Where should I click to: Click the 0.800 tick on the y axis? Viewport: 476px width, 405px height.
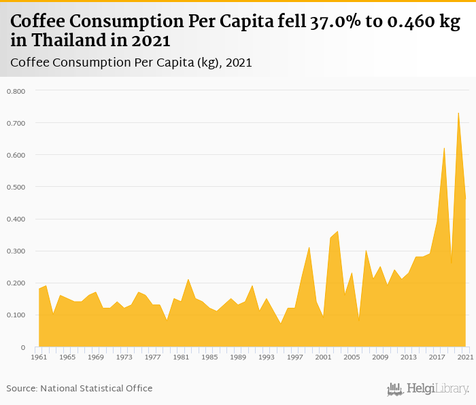16,91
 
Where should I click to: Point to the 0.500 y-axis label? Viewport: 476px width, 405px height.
16,187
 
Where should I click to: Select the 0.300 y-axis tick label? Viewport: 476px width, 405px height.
16,251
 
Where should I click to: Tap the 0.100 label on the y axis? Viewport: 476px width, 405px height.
16,315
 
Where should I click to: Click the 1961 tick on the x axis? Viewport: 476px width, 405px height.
39,357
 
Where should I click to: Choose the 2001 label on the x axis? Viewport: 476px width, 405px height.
323,357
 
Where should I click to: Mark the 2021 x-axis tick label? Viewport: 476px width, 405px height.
465,357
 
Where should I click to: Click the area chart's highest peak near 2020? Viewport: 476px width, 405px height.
458,113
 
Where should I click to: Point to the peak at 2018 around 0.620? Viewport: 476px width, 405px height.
444,148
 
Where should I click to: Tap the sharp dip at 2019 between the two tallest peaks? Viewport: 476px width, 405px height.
451,264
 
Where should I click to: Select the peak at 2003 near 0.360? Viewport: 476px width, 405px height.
337,232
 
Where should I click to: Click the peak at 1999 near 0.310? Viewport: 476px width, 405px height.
309,247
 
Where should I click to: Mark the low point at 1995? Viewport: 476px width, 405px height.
280,323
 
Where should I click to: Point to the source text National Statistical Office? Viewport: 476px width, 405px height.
97,388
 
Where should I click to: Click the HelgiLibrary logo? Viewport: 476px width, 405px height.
428,389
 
